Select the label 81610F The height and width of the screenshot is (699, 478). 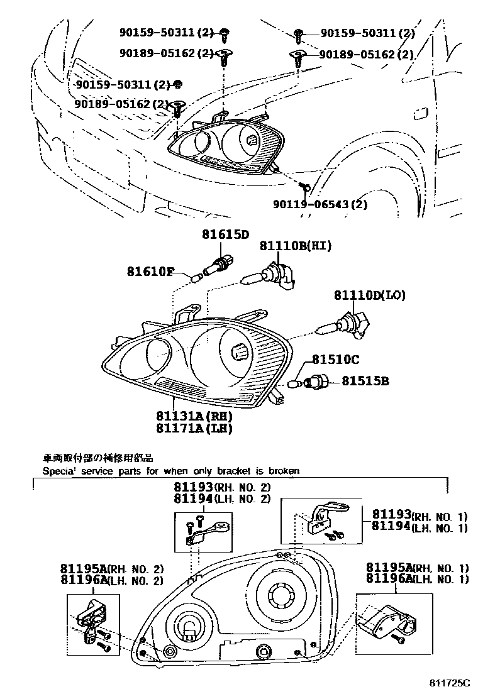click(150, 272)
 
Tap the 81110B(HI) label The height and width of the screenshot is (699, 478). click(296, 246)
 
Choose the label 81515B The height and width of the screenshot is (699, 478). click(365, 380)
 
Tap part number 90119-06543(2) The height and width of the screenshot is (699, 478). click(320, 204)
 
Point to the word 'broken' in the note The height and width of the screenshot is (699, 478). click(284, 470)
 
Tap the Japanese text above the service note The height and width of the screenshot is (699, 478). click(97, 458)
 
